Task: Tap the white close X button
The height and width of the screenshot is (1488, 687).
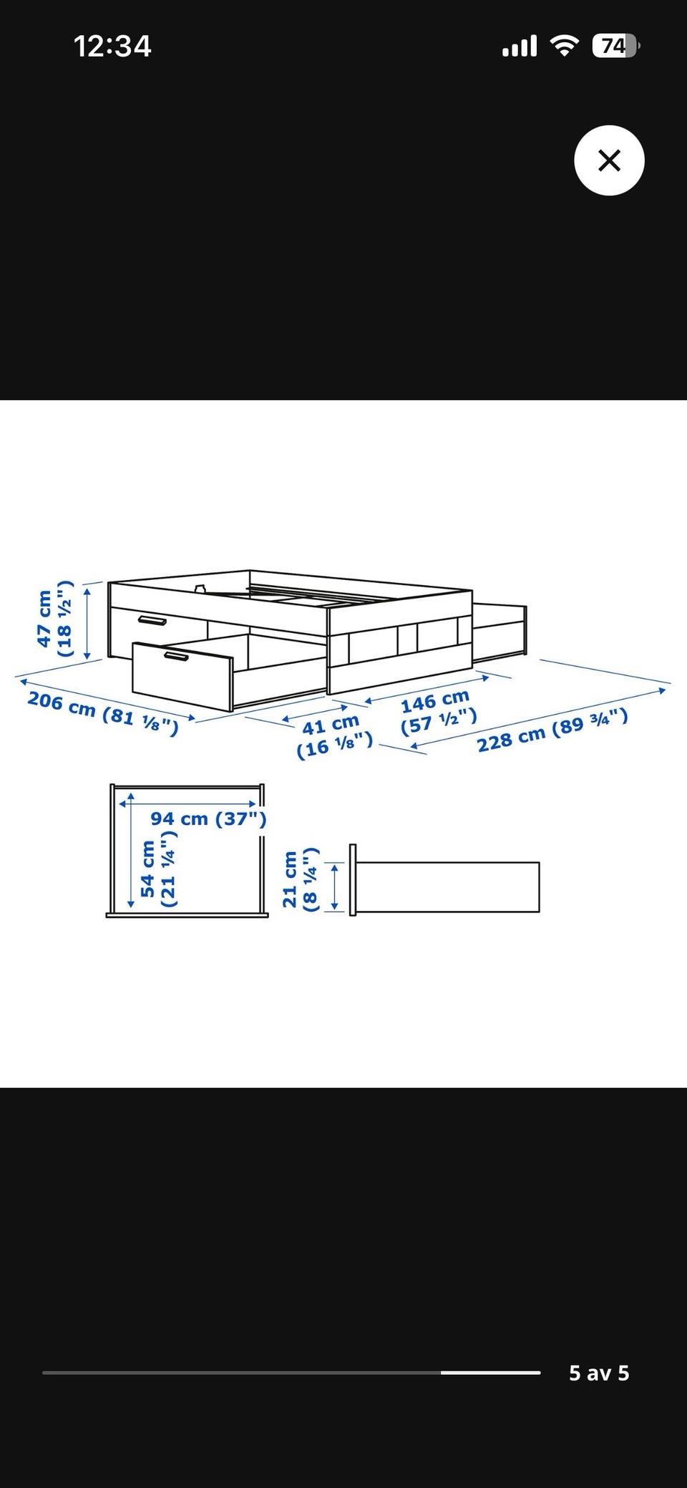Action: (609, 160)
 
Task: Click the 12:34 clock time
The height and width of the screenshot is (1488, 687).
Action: (112, 47)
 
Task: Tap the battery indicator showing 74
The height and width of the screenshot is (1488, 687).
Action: (615, 47)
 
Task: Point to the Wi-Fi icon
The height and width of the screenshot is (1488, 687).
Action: (565, 47)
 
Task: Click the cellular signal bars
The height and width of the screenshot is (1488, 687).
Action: (520, 47)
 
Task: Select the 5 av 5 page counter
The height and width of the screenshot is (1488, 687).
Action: (599, 1373)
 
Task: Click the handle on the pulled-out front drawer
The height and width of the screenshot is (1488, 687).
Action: (175, 656)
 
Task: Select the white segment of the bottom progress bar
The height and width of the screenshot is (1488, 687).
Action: (490, 1373)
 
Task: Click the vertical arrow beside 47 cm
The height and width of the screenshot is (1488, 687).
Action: (87, 621)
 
